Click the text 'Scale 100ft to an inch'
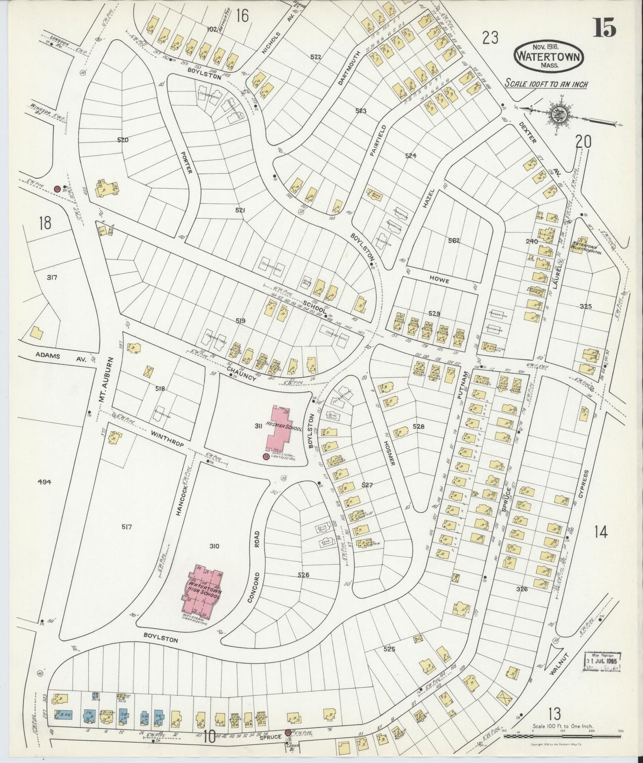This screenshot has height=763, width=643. [x=546, y=84]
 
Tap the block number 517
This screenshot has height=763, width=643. [x=126, y=527]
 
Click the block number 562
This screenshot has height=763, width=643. [x=453, y=241]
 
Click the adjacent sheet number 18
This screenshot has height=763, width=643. [x=45, y=223]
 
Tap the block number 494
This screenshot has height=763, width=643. [x=44, y=481]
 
